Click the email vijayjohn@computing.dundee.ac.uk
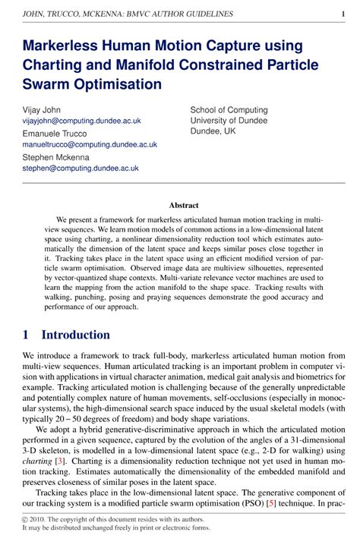point(81,121)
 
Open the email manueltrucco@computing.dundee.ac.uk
point(90,144)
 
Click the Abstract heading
point(184,205)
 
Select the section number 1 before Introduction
point(27,335)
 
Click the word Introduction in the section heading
point(75,335)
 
